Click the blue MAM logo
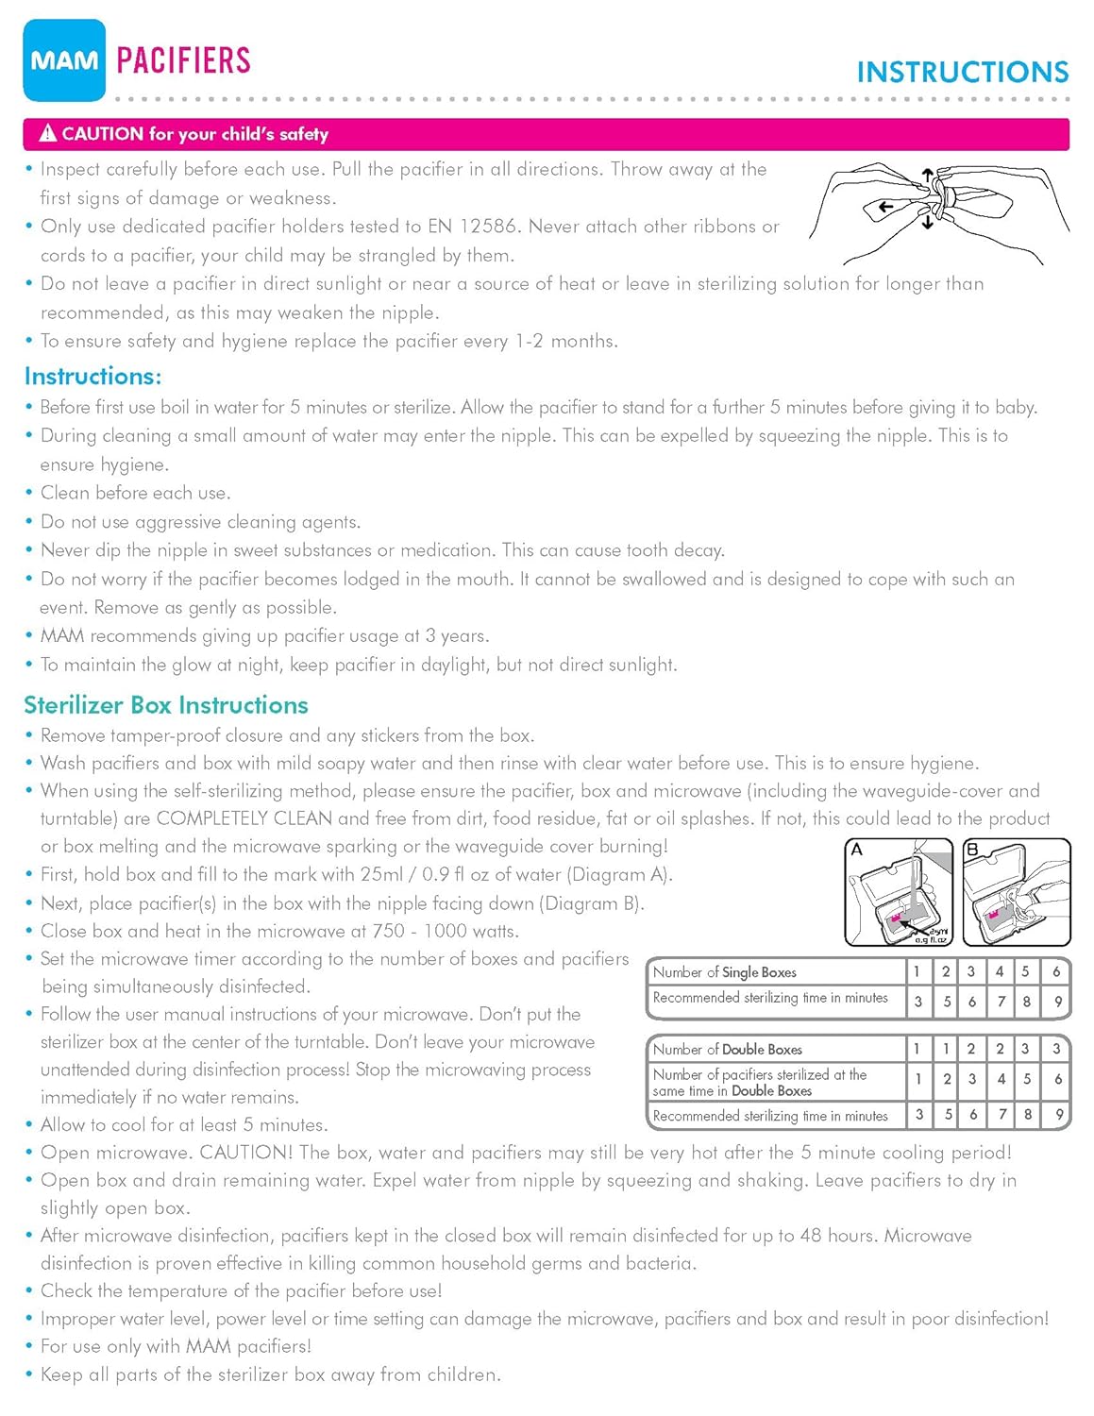(64, 60)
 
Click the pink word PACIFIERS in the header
(183, 60)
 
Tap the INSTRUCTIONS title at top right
(962, 72)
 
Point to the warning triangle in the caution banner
(47, 133)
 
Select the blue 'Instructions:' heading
(93, 376)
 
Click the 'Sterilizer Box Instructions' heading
(166, 705)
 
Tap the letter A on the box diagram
(857, 850)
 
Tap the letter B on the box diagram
(973, 850)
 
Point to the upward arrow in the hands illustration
(927, 176)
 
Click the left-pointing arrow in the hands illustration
(884, 207)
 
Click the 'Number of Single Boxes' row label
(724, 971)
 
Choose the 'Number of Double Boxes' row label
(727, 1049)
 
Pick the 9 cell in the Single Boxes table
(1058, 1002)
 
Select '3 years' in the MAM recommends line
(457, 636)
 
